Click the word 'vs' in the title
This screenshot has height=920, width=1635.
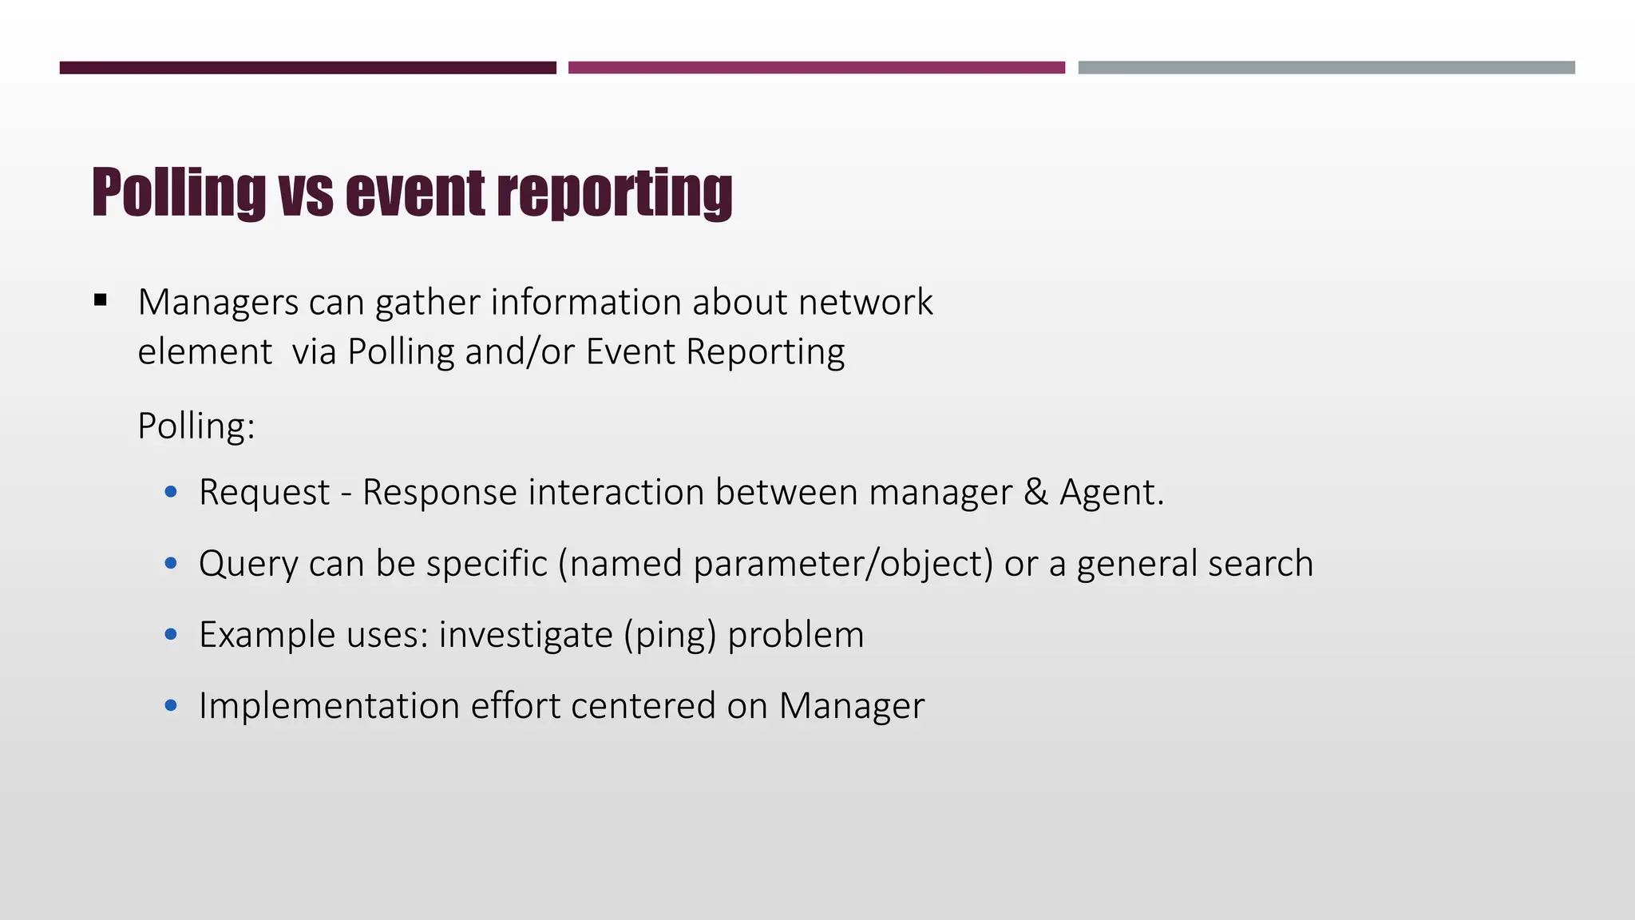click(x=307, y=194)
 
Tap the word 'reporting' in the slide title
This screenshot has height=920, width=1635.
click(x=614, y=194)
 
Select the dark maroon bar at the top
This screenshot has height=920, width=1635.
click(x=307, y=68)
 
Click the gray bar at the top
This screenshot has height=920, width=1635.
click(x=1326, y=68)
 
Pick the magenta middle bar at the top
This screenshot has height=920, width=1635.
click(x=816, y=68)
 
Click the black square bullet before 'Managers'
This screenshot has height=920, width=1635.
click(x=100, y=301)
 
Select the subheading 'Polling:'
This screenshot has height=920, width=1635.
click(x=196, y=426)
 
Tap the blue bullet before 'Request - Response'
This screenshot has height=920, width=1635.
click(x=170, y=492)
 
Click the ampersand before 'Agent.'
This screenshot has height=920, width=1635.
click(x=1035, y=492)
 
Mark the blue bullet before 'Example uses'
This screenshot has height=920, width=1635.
click(x=170, y=635)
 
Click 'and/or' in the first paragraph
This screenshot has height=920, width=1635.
click(x=519, y=352)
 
